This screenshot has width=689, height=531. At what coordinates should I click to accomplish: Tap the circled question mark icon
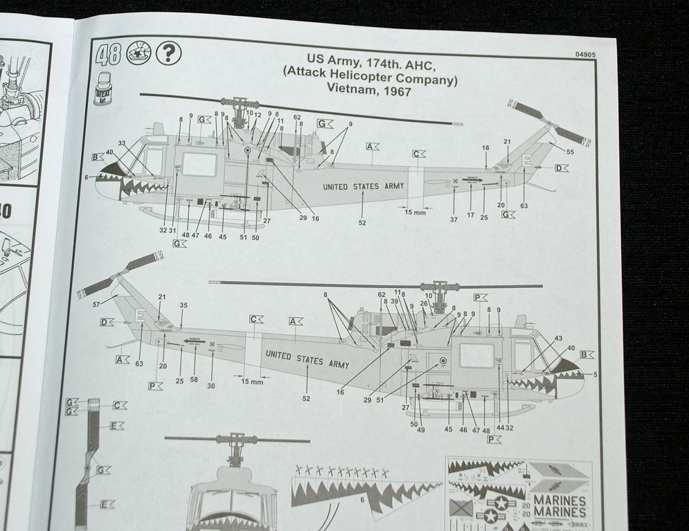coord(170,52)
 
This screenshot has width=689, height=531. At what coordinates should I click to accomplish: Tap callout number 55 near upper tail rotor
coord(570,151)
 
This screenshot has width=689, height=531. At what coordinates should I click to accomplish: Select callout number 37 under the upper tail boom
coord(454,219)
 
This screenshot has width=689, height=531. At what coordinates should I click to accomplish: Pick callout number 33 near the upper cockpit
coord(122,143)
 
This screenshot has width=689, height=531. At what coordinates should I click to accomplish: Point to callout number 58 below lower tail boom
coord(195,380)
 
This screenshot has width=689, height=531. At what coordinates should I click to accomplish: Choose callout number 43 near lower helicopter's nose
coord(558,338)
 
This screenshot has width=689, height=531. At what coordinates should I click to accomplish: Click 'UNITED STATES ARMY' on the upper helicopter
coord(364,186)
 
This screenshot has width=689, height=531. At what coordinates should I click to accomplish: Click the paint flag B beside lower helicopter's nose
coord(587,354)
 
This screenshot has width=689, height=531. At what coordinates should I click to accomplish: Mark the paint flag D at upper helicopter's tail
coord(560,168)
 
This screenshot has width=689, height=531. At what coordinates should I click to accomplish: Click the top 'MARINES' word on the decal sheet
coord(559,500)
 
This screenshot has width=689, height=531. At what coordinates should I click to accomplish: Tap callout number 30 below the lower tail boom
coord(211,386)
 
